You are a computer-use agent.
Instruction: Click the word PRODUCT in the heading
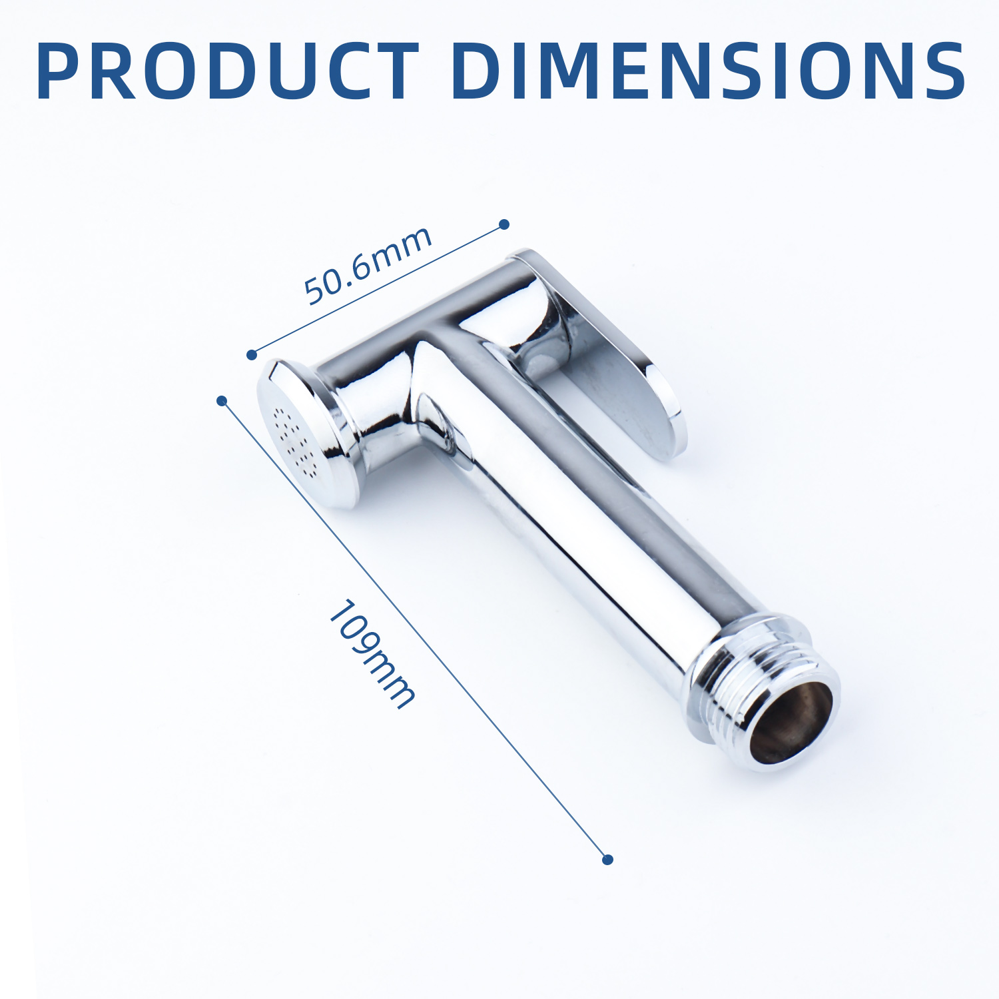pyautogui.click(x=228, y=71)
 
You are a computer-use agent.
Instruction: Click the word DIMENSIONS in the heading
pyautogui.click(x=709, y=71)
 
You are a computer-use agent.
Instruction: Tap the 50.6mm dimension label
pyautogui.click(x=368, y=265)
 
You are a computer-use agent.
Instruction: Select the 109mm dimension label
pyautogui.click(x=372, y=654)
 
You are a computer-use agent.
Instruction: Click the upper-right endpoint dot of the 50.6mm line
pyautogui.click(x=504, y=224)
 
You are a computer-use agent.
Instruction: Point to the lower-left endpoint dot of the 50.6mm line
pyautogui.click(x=252, y=355)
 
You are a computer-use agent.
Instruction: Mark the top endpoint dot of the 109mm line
pyautogui.click(x=222, y=400)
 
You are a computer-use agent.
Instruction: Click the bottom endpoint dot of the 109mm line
pyautogui.click(x=607, y=860)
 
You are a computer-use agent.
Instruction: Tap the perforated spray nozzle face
pyautogui.click(x=293, y=440)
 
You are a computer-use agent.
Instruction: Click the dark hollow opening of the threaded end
pyautogui.click(x=791, y=723)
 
